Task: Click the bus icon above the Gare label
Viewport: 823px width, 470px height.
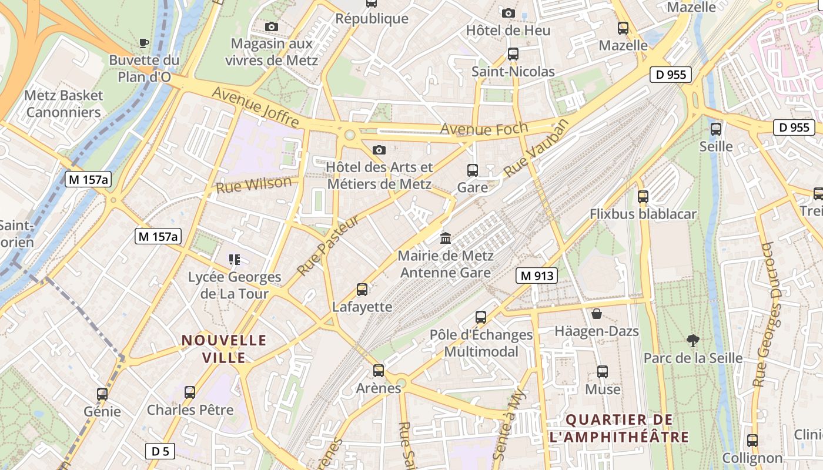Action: pos(472,170)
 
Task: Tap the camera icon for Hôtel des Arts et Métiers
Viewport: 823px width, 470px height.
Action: pos(379,150)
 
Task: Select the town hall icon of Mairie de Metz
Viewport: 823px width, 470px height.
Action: pos(446,239)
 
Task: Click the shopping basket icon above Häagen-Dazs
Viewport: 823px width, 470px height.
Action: pos(597,314)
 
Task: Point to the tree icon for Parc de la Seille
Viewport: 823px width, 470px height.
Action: pos(693,340)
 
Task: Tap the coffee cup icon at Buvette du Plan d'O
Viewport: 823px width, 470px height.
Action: pos(143,42)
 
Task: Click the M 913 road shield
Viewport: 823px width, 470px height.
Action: pos(537,276)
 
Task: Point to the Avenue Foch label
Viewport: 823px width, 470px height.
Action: pos(484,128)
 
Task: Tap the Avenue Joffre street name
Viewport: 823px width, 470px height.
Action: pos(256,107)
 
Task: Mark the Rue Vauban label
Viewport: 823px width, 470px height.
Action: pos(537,147)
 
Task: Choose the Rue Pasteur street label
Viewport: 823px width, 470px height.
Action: pos(327,246)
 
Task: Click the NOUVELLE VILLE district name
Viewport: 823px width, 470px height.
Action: pos(224,348)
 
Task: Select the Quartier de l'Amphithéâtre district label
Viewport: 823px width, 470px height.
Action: pos(619,428)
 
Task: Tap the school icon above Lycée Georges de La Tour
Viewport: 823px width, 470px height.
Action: pos(235,259)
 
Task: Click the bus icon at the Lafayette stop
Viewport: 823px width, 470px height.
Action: pos(362,289)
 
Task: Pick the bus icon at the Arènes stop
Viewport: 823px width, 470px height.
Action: pos(379,371)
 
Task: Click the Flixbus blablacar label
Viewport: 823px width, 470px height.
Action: pos(643,214)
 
